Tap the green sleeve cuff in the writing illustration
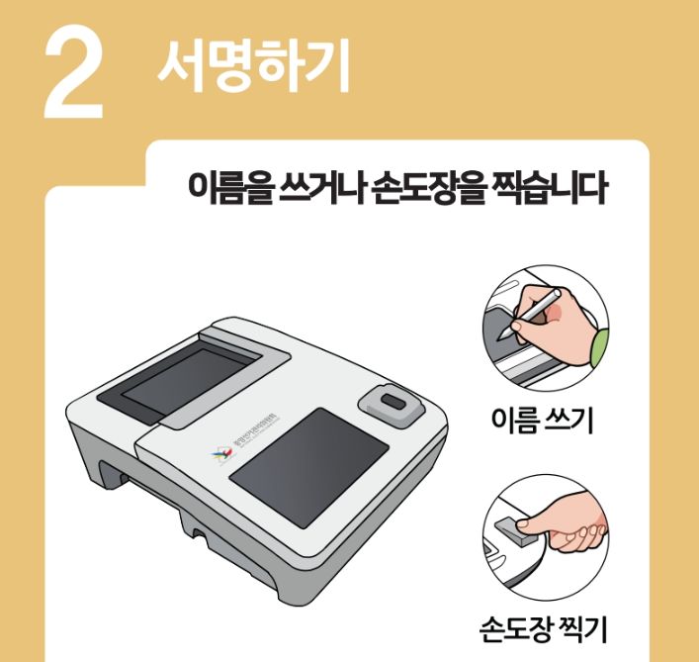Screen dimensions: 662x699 click(x=598, y=344)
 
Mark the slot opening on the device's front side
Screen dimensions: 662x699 click(x=139, y=485)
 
